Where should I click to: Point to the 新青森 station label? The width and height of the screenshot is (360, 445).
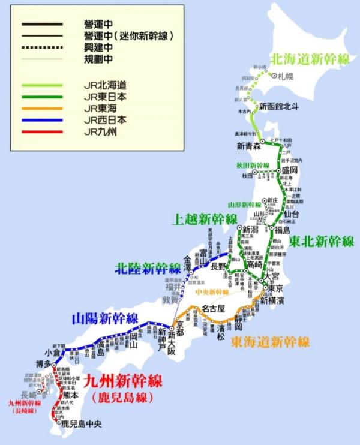(x=247, y=146)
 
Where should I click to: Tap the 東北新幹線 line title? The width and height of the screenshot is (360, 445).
(x=322, y=242)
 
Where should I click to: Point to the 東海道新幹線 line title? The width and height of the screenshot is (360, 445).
(x=270, y=342)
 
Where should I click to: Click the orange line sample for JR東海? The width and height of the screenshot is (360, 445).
(x=41, y=108)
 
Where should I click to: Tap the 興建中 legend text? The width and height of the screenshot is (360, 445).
(x=97, y=47)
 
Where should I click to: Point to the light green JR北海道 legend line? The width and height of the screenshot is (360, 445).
(x=41, y=85)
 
